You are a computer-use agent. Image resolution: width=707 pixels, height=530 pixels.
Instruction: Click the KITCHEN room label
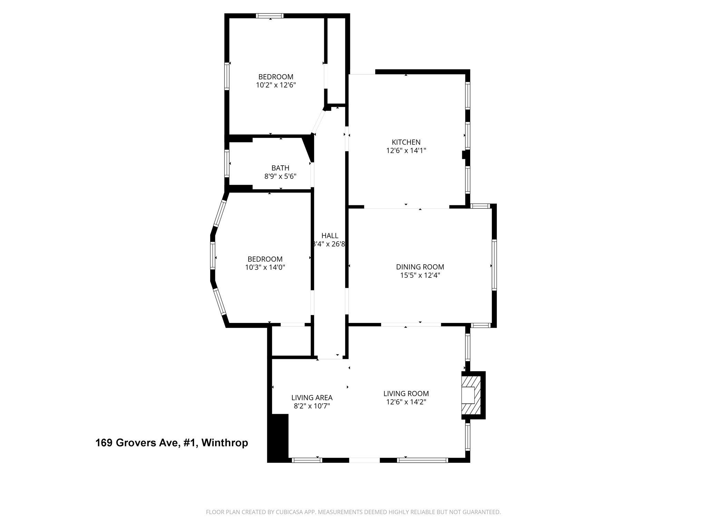(x=406, y=142)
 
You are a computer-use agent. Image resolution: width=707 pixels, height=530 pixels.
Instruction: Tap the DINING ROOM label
(x=420, y=267)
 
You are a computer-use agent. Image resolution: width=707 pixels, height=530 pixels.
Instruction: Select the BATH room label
(x=280, y=168)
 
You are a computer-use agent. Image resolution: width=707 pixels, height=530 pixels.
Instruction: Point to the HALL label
(x=330, y=236)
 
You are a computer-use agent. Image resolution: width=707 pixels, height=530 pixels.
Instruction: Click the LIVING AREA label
(x=312, y=397)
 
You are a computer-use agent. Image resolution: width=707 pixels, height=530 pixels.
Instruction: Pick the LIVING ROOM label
(x=406, y=393)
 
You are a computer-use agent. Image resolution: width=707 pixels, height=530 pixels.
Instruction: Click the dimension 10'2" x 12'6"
(x=276, y=85)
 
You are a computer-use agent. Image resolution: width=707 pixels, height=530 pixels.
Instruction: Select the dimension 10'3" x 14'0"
(x=265, y=267)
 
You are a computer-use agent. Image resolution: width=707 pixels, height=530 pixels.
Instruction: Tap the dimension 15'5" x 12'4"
(x=420, y=275)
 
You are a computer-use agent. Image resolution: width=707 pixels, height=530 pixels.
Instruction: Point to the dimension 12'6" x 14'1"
(x=406, y=150)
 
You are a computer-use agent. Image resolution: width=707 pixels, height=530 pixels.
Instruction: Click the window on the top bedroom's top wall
(x=270, y=16)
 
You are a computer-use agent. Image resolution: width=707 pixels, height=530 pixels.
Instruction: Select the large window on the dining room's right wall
(x=494, y=265)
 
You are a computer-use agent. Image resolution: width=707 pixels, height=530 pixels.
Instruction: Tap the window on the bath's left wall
(x=227, y=163)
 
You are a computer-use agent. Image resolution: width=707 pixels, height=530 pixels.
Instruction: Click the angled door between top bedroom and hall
(x=318, y=122)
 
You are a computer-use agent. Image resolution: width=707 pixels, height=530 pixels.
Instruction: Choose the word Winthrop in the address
(x=224, y=443)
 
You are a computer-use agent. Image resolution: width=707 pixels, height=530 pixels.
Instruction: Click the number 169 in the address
(x=104, y=443)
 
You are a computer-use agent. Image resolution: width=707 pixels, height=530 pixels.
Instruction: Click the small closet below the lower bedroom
(x=292, y=341)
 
